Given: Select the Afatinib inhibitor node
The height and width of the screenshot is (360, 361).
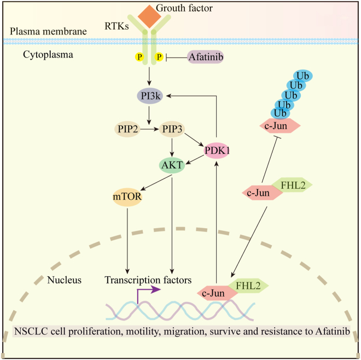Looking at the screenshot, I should click(x=205, y=56).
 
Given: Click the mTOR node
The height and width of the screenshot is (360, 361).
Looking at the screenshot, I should click(x=127, y=196).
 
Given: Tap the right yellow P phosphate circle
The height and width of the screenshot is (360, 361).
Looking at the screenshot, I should click(x=159, y=57).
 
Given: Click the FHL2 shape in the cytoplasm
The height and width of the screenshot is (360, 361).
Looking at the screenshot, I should click(x=293, y=184).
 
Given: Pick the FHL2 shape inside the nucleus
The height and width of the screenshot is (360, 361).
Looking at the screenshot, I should click(x=249, y=284).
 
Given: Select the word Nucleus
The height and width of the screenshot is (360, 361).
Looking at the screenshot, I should click(x=65, y=280).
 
